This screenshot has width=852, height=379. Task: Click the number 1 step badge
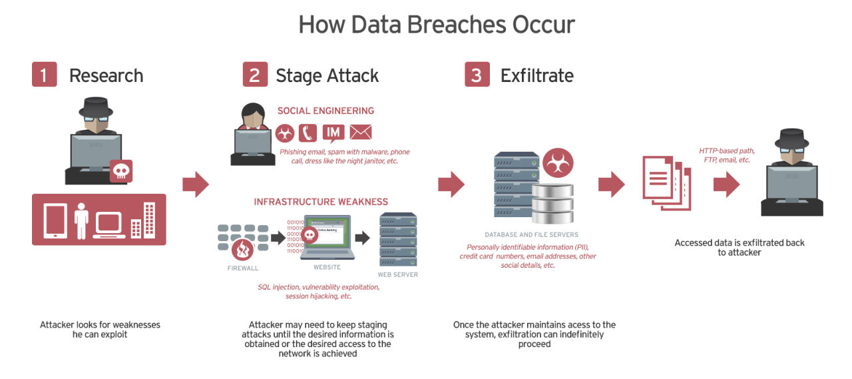[x=45, y=75]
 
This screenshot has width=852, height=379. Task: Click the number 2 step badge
[x=255, y=75]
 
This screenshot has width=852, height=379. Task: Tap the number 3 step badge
[x=477, y=75]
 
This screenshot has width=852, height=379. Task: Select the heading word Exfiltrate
[x=536, y=75]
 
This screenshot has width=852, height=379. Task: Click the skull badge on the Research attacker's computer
[x=120, y=171]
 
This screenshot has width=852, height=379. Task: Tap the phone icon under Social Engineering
[x=308, y=133]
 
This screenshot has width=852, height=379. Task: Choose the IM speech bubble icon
[x=333, y=132]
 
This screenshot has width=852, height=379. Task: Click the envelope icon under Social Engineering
[x=361, y=132]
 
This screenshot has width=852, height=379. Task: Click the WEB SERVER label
[x=398, y=274]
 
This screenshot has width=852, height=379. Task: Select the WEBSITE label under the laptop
[x=327, y=268]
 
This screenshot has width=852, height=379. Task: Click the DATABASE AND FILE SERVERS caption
[x=531, y=234]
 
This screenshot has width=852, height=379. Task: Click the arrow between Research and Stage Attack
[x=196, y=185]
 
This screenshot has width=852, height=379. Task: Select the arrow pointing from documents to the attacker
[x=726, y=185]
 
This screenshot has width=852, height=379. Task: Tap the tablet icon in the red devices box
[x=55, y=220]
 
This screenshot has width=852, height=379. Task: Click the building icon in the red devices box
[x=148, y=220]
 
